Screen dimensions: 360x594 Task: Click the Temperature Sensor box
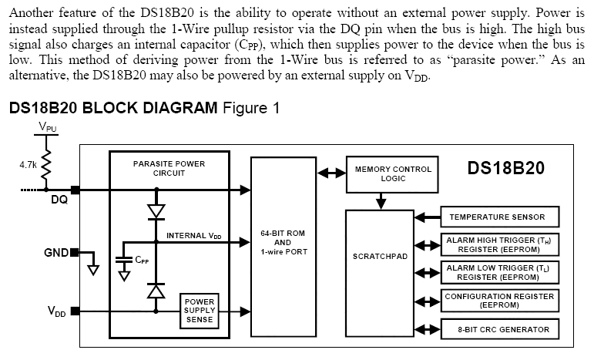498,217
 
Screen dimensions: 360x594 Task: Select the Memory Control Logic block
393,173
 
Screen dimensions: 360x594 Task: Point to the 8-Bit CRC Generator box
498,330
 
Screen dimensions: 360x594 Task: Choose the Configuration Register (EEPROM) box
498,301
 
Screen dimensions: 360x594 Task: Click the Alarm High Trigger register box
498,245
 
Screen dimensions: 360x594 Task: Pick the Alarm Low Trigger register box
498,272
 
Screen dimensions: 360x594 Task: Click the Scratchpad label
375,256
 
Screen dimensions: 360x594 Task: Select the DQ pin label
59,201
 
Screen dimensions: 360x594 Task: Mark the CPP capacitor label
142,261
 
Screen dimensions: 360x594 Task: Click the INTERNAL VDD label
193,234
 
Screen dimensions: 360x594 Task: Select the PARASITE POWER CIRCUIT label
169,169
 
